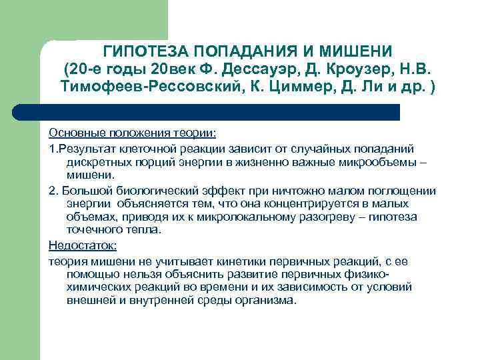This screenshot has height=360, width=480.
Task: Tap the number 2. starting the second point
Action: [x=53, y=190]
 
